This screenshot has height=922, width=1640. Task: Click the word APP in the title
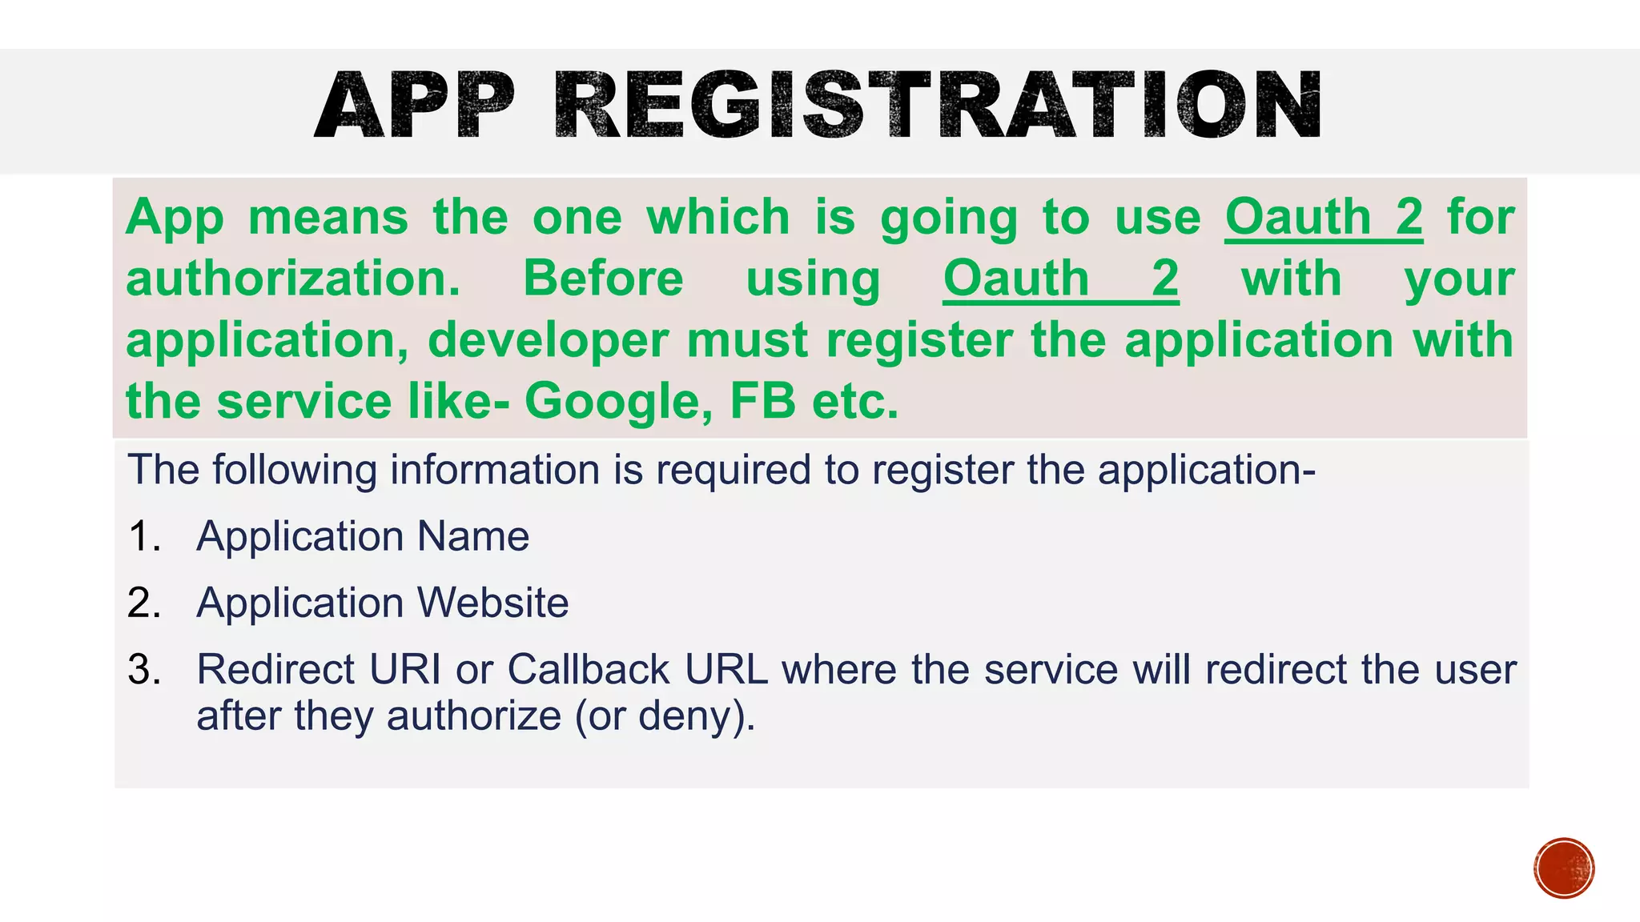(x=414, y=106)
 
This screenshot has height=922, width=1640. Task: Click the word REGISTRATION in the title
(x=938, y=106)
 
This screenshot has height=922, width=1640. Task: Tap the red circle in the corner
(x=1564, y=868)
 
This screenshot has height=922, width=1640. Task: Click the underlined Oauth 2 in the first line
(x=1324, y=217)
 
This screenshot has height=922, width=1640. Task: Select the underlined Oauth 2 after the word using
(x=1060, y=279)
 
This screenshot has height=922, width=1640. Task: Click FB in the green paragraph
(x=762, y=401)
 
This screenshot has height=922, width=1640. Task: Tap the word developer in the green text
(x=548, y=340)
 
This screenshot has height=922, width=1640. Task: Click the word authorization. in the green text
(x=293, y=279)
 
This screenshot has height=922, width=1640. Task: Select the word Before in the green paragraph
(x=603, y=279)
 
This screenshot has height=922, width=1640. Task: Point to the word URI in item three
(x=404, y=669)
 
